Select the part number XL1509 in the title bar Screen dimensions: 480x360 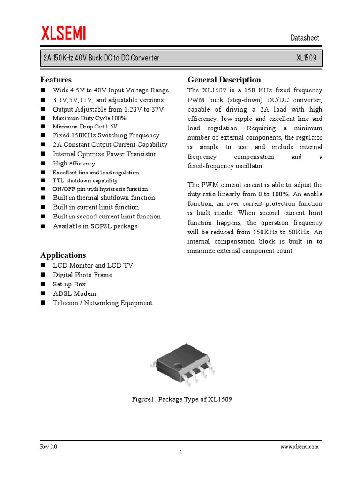(x=306, y=58)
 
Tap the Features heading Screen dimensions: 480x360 (x=56, y=80)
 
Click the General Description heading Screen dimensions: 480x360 (x=224, y=80)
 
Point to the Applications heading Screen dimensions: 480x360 (x=63, y=255)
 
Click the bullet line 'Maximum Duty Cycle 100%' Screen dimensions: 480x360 (x=90, y=118)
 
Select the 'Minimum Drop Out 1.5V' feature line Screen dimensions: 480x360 (x=85, y=127)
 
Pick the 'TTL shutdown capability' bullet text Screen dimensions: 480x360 (x=85, y=180)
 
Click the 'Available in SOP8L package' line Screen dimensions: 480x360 (x=95, y=226)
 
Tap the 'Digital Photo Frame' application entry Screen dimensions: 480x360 (x=82, y=275)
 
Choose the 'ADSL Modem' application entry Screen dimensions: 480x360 (x=75, y=293)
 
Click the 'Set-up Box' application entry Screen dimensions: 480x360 (x=69, y=284)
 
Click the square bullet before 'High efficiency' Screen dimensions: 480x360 (x=43, y=164)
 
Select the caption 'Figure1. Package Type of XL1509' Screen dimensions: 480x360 (x=182, y=399)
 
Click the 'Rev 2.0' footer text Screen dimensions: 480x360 (x=49, y=447)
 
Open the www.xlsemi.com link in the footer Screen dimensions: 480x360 (x=300, y=447)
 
